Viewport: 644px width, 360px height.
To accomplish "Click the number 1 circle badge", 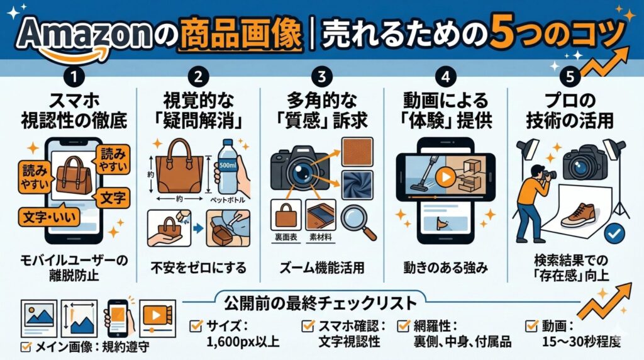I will (75, 78).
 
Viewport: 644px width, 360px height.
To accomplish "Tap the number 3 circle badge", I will (322, 78).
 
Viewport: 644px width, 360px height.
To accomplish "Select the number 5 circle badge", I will (570, 78).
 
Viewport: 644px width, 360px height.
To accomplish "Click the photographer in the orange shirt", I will (533, 196).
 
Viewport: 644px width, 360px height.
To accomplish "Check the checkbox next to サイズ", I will (196, 326).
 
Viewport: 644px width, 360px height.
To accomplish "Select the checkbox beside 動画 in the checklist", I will (531, 326).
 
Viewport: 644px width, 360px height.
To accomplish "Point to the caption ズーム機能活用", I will (322, 267).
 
